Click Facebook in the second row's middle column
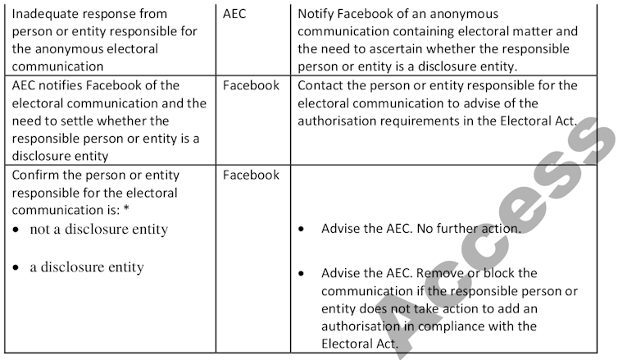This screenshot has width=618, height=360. (251, 85)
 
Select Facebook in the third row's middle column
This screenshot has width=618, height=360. (251, 175)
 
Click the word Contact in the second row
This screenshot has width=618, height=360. (322, 85)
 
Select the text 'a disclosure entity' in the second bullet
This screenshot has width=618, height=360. (87, 267)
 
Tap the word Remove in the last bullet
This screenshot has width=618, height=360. (449, 272)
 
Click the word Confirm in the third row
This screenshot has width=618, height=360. (36, 175)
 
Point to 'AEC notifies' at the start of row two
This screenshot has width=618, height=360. (48, 85)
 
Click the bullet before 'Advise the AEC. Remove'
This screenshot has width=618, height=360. (304, 273)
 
